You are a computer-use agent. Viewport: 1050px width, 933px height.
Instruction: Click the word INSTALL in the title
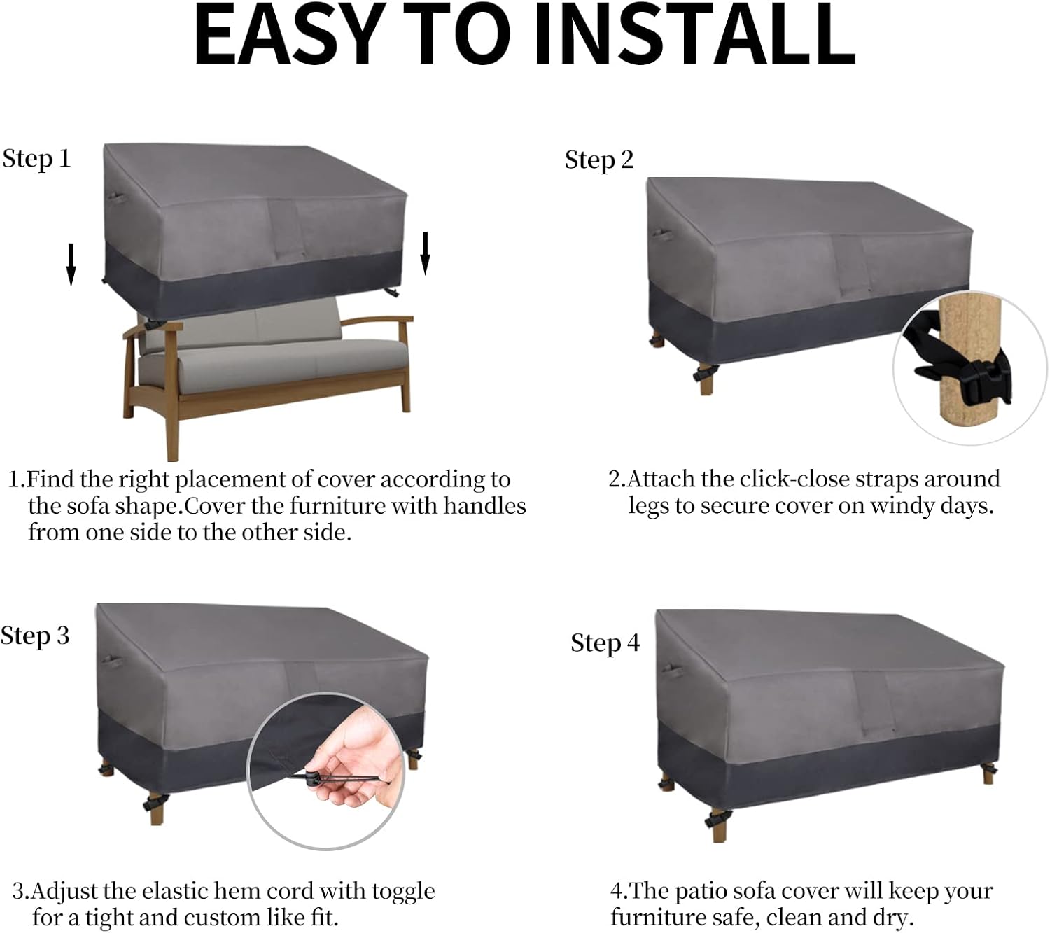694,34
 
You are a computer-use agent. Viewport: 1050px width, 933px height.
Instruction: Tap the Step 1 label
36,159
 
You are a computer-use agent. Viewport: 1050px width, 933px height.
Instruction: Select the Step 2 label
599,160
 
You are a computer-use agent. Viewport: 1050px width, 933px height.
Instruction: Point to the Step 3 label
35,636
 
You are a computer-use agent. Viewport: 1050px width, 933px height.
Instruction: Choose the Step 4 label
605,643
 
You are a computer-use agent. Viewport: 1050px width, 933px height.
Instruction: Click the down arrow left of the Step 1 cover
71,265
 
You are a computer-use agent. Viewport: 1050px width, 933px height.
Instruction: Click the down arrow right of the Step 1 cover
425,253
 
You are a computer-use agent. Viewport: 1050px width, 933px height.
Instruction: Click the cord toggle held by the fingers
312,778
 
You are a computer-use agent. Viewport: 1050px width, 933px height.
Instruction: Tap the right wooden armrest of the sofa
378,322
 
